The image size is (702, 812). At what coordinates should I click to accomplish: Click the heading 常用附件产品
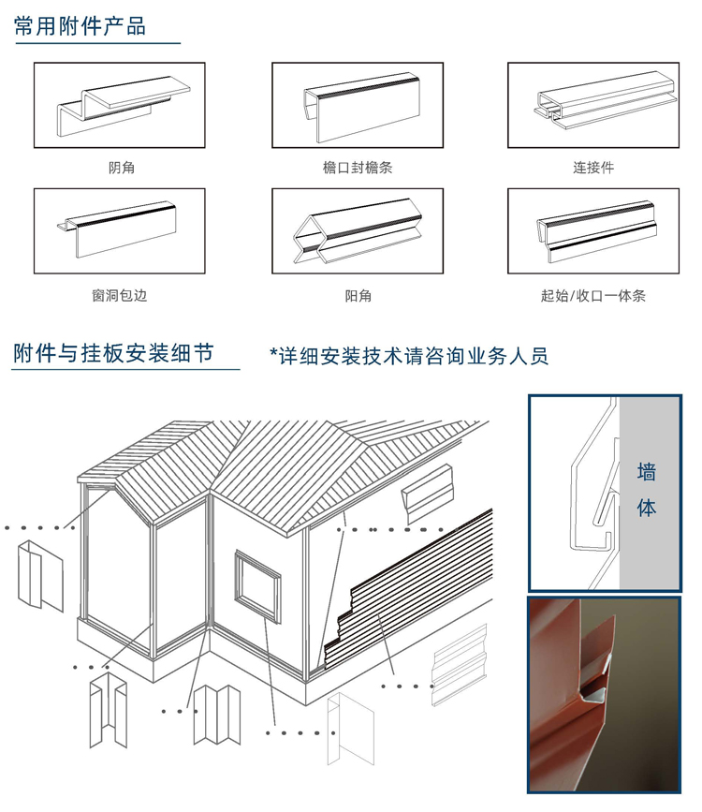[80, 26]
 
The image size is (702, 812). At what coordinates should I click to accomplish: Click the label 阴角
[121, 168]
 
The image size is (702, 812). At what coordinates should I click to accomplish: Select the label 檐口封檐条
[358, 168]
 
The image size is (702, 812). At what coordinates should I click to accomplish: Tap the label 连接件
[593, 168]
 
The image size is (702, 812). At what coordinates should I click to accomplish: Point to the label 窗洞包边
[120, 295]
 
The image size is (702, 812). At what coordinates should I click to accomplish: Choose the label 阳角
[358, 295]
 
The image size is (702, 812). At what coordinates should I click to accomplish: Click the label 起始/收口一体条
[593, 295]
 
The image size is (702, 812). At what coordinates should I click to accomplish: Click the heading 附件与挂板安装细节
[113, 353]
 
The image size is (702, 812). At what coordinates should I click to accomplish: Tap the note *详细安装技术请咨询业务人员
[409, 356]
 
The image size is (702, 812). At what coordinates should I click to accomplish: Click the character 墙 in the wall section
[647, 472]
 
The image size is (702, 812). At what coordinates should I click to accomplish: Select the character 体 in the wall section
[647, 508]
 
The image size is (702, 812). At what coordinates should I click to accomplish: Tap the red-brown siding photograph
[604, 694]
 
